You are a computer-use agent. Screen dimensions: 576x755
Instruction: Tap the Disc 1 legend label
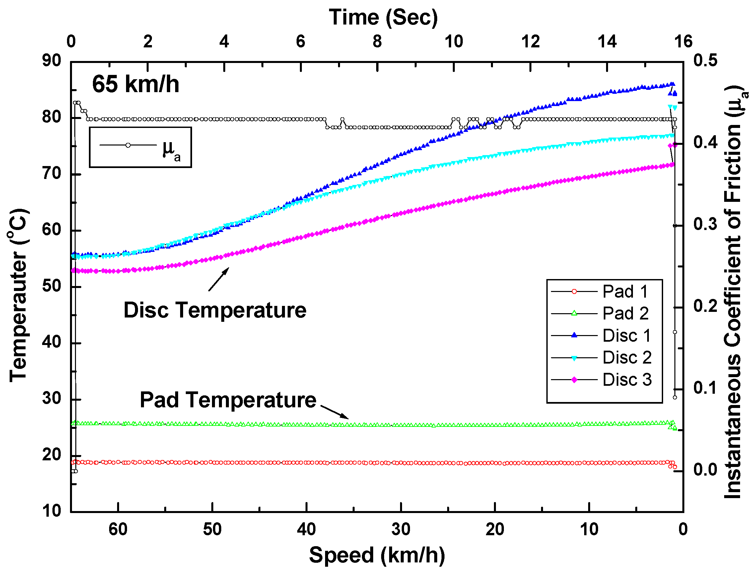click(x=627, y=336)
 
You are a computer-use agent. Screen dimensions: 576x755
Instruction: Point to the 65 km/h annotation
click(x=136, y=84)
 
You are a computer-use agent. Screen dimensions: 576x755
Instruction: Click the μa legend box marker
click(x=128, y=145)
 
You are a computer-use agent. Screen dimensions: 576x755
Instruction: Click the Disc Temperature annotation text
click(x=215, y=311)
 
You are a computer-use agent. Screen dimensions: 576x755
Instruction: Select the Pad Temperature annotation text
click(x=228, y=400)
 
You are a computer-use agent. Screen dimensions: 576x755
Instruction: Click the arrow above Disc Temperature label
click(x=219, y=279)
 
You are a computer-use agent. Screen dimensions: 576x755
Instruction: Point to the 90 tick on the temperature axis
click(x=51, y=61)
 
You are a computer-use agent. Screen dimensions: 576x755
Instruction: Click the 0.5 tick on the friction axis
click(x=705, y=61)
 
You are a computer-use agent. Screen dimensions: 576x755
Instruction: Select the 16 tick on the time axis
click(x=683, y=42)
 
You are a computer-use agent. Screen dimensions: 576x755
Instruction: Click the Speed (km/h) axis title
click(x=377, y=555)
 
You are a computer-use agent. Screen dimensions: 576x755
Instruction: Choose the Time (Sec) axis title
click(x=383, y=17)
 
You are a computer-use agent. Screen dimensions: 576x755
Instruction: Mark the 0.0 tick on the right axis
click(x=705, y=470)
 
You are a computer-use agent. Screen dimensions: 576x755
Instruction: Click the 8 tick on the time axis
click(x=377, y=42)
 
